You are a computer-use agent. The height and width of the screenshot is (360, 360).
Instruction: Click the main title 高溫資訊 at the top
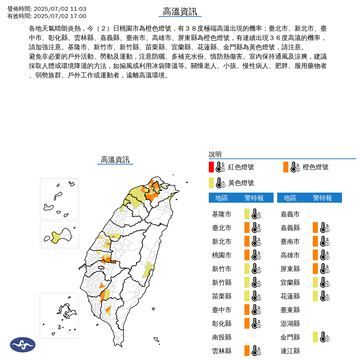[x=180, y=12]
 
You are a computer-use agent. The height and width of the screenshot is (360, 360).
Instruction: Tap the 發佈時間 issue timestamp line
[x=47, y=9]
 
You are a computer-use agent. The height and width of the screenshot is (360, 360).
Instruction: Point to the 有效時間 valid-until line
[x=47, y=16]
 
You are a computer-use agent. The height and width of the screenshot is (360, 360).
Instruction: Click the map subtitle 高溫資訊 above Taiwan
[x=115, y=160]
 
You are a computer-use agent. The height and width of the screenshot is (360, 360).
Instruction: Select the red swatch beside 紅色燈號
[x=211, y=167]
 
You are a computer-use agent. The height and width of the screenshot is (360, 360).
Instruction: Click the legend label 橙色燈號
[x=315, y=167]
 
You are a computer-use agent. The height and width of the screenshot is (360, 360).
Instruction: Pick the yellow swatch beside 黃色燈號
[x=211, y=183]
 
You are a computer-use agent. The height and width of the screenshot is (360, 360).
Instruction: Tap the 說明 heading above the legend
[x=215, y=154]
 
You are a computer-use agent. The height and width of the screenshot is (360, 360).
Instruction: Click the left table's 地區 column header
[x=221, y=198]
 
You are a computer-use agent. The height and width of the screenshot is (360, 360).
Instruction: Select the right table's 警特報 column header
[x=323, y=198]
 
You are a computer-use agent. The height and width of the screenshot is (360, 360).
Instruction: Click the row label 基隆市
[x=222, y=214]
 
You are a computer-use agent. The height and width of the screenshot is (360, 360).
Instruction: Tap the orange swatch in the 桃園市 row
[x=247, y=255]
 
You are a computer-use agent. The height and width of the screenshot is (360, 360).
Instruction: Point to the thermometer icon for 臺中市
[x=256, y=310]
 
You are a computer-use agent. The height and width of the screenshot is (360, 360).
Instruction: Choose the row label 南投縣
[x=222, y=337]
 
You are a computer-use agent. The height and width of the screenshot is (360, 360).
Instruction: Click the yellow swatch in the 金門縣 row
[x=315, y=337]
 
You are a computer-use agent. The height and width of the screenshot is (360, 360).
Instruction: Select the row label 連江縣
[x=290, y=351]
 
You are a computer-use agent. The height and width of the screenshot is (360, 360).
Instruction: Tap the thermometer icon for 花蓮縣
[x=324, y=296]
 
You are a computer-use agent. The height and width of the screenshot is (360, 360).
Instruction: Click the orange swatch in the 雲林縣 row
[x=247, y=351]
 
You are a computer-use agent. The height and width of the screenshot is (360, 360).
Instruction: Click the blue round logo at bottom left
[x=23, y=345]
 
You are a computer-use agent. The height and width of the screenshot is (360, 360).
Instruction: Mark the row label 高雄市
[x=290, y=255]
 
